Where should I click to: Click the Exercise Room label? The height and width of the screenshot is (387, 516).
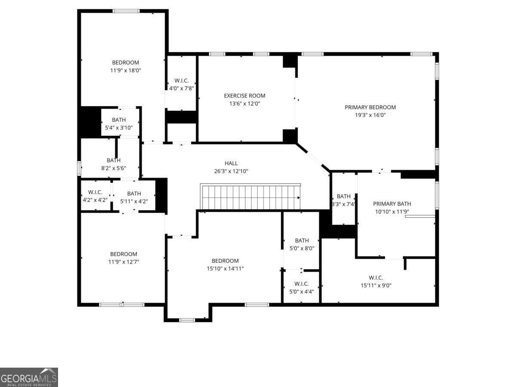tap(245, 95)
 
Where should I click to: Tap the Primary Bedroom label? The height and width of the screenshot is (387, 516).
tap(370, 107)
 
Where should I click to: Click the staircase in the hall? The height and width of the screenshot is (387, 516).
tap(251, 197)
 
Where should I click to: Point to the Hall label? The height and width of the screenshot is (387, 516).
tap(231, 163)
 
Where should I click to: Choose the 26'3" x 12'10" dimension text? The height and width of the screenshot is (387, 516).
tap(231, 171)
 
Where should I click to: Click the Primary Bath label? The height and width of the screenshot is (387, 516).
tap(392, 204)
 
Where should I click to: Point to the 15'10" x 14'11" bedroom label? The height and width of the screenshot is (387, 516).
tap(225, 261)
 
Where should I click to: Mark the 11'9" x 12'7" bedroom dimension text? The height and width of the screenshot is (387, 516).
tap(124, 261)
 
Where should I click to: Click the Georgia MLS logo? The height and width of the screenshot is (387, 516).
tap(29, 377)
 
